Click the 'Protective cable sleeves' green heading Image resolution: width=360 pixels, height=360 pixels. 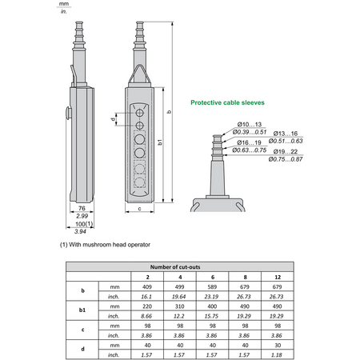227,102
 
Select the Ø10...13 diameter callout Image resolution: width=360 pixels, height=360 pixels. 250,124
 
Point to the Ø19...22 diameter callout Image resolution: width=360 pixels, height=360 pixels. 286,151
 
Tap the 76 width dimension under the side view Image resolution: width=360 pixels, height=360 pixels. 82,208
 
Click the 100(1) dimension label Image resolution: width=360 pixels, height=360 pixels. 84,224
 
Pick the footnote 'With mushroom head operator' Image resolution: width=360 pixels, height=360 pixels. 110,245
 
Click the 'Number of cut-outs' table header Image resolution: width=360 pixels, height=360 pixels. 175,267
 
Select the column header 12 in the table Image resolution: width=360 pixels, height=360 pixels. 278,277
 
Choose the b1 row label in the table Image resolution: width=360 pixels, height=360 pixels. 82,310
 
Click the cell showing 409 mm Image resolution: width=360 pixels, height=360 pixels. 147,287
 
